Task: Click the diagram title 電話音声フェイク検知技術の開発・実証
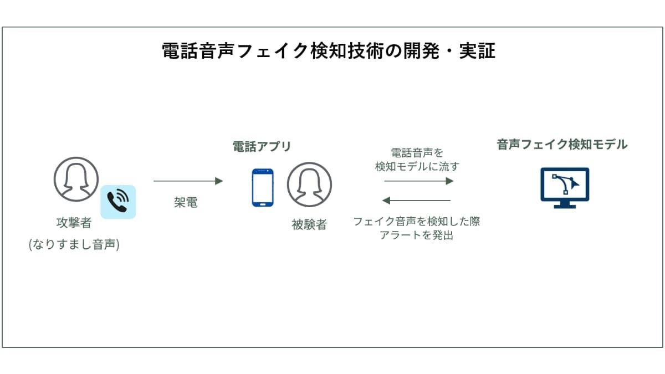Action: tap(329, 51)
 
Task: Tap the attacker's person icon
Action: tap(76, 180)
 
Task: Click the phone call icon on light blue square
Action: tap(118, 202)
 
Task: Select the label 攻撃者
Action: tap(74, 223)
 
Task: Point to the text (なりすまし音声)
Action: tap(74, 244)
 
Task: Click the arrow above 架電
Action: tap(188, 181)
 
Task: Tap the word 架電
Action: tap(186, 202)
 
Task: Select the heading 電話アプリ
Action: tap(262, 146)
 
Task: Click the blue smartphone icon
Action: tap(263, 188)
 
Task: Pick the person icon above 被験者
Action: tap(309, 185)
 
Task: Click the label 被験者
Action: tap(309, 225)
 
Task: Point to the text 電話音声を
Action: tap(417, 153)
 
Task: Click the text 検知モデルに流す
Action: tap(417, 167)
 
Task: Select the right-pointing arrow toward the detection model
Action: tap(419, 181)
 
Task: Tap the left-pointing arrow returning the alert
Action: tap(416, 201)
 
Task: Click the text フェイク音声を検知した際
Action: tap(417, 222)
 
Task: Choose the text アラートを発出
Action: tap(417, 235)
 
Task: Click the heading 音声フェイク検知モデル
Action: tap(562, 145)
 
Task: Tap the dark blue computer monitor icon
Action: tap(565, 188)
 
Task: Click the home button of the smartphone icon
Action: tap(263, 204)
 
